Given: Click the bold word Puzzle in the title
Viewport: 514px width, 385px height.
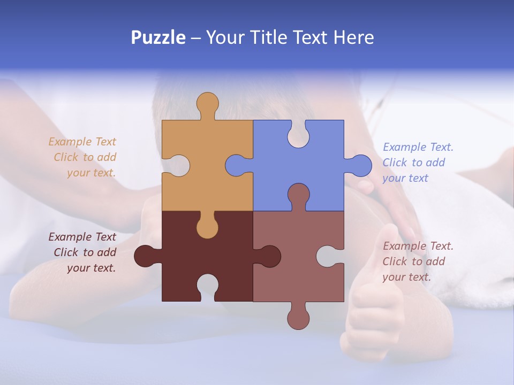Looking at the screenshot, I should [158, 37].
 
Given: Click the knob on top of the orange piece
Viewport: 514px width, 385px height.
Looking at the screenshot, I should [207, 104].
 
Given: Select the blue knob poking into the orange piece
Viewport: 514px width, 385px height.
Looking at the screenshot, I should [236, 165].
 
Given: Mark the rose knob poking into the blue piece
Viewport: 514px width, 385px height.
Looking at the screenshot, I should [298, 195].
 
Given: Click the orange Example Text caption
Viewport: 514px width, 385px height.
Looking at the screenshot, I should [84, 157].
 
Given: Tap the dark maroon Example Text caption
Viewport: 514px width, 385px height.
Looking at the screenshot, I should [84, 252].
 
